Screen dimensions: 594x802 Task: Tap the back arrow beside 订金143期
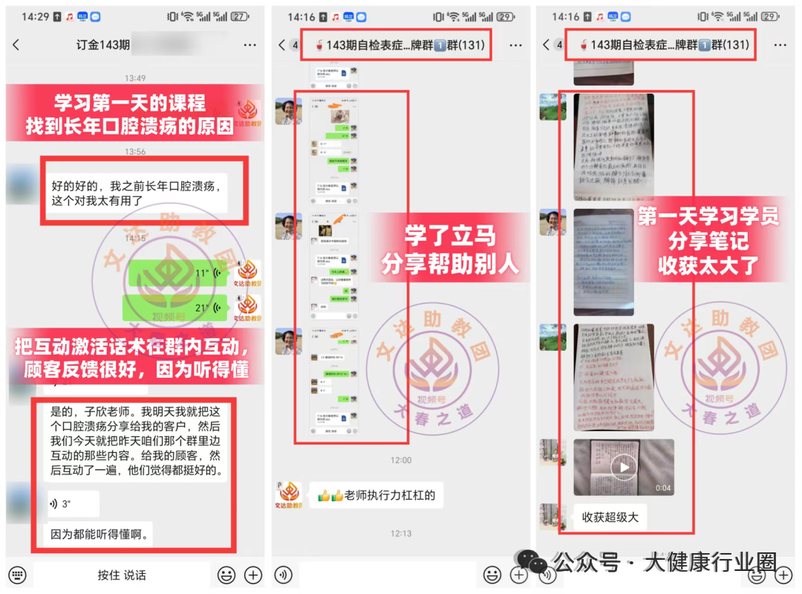coord(16,45)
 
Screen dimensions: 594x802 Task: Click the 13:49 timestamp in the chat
coord(135,78)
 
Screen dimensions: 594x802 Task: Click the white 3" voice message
coord(71,504)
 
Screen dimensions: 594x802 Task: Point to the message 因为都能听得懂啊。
coord(99,534)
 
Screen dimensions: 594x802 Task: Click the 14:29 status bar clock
coord(35,16)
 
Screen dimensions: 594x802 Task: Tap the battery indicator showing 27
coord(239,16)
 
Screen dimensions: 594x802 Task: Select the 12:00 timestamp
coord(401,460)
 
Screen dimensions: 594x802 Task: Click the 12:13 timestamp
coord(401,533)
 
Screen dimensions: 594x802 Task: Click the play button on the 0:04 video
coord(624,467)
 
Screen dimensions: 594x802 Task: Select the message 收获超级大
coord(610,517)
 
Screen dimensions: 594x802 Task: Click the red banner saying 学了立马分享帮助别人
coord(450,251)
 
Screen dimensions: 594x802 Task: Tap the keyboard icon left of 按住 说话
coord(19,575)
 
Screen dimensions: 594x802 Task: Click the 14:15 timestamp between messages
coord(135,238)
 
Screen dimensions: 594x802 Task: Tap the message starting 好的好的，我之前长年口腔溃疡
coord(137,193)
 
